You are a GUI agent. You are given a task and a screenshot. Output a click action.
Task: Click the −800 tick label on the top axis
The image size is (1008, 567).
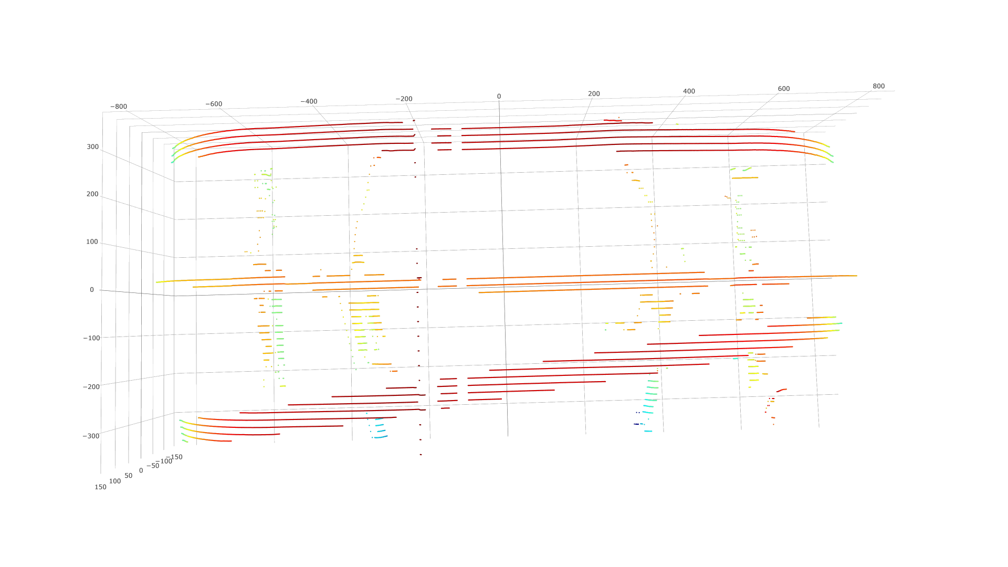(119, 107)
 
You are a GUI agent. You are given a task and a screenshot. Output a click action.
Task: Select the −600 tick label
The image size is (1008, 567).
(214, 104)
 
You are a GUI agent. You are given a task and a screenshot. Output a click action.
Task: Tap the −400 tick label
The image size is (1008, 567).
(309, 101)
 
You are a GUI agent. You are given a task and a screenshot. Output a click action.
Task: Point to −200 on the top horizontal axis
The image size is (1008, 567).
(404, 99)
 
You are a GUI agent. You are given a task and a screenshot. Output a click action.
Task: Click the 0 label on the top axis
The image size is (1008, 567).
(499, 97)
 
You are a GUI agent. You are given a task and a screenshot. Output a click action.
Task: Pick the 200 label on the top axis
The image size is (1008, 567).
(594, 94)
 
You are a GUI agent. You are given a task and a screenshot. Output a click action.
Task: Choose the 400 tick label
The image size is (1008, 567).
(689, 91)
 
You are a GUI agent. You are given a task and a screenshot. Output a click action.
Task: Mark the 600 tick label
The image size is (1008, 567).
(783, 89)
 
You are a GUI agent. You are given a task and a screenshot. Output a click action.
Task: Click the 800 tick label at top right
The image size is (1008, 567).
(878, 86)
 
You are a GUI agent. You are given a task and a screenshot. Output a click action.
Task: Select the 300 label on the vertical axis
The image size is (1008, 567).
(93, 147)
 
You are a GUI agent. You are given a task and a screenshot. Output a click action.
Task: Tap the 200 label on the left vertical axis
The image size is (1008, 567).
(92, 194)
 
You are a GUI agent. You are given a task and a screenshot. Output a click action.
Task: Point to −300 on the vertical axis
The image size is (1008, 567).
(91, 436)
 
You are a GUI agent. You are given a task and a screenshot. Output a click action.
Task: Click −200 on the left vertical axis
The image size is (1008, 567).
(91, 387)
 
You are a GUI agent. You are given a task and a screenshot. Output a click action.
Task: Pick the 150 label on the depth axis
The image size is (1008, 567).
(100, 487)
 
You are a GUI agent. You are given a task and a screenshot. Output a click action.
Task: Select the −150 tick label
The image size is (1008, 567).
(174, 457)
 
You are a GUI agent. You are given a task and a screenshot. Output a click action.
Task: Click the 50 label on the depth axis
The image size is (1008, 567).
(129, 476)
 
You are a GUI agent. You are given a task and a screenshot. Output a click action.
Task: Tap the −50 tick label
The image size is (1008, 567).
(153, 466)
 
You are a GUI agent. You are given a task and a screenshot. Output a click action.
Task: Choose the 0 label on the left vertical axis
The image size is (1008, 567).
(92, 290)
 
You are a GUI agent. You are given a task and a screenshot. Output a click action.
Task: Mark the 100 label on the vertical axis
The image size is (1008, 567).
(92, 242)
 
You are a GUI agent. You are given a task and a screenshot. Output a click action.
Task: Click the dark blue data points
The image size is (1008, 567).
(636, 424)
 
